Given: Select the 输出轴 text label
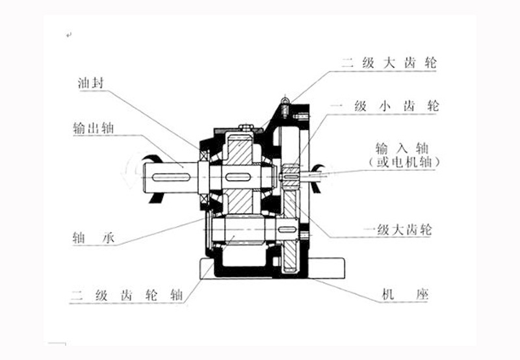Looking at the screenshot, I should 94,128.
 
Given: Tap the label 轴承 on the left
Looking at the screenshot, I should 94,238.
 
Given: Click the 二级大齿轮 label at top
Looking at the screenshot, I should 391,64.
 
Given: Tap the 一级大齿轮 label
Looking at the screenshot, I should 395,229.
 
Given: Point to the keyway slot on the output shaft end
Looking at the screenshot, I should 168,176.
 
